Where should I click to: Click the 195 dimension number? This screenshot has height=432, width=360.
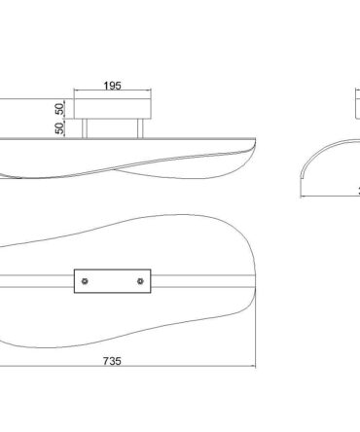(112, 86)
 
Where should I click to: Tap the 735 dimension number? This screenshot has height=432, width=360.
(112, 361)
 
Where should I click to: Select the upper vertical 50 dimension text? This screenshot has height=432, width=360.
(60, 109)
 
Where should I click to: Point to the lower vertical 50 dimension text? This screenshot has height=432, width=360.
(60, 128)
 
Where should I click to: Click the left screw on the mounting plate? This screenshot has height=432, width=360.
(85, 281)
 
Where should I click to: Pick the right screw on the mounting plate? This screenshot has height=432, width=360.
(140, 281)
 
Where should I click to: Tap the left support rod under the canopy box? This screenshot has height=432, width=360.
(85, 128)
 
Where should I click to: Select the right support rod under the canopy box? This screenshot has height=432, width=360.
(140, 128)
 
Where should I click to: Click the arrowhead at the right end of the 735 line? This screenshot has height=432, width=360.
(254, 367)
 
